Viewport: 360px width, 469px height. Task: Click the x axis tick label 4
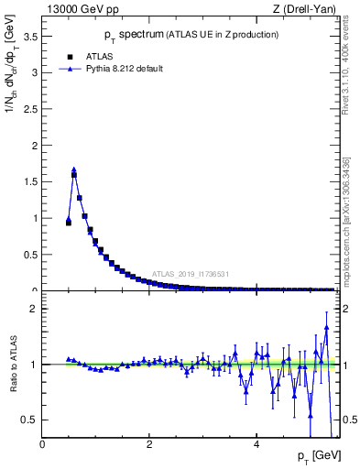pos(256,444)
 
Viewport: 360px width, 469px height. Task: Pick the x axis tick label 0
pos(43,444)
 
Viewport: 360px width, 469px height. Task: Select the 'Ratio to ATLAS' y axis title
pos(12,364)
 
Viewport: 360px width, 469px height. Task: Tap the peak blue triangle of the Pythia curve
pos(74,169)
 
